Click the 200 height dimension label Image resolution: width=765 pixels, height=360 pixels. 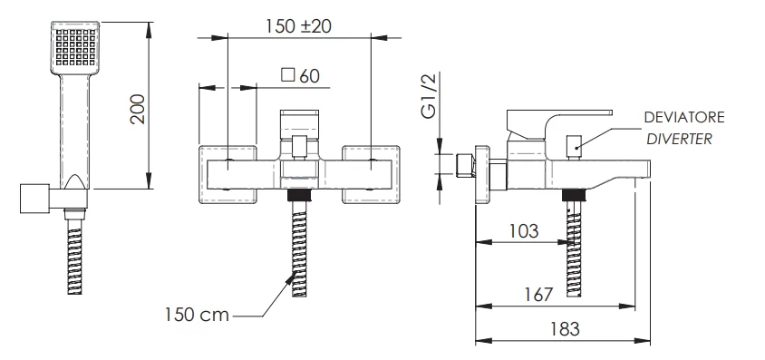tap(139, 108)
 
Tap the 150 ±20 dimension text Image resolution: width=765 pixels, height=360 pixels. tap(298, 26)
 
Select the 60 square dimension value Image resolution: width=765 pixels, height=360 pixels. tap(309, 76)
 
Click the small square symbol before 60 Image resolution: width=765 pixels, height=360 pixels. tap(288, 75)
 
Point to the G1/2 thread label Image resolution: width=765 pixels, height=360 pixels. tap(429, 95)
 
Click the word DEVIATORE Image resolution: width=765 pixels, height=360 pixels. tap(684, 118)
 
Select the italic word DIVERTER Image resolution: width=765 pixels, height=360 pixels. tap(679, 139)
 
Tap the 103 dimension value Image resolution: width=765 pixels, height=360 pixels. tap(524, 230)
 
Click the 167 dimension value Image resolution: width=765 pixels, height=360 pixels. tap(538, 295)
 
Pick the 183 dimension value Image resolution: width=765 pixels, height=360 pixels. tap(565, 329)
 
